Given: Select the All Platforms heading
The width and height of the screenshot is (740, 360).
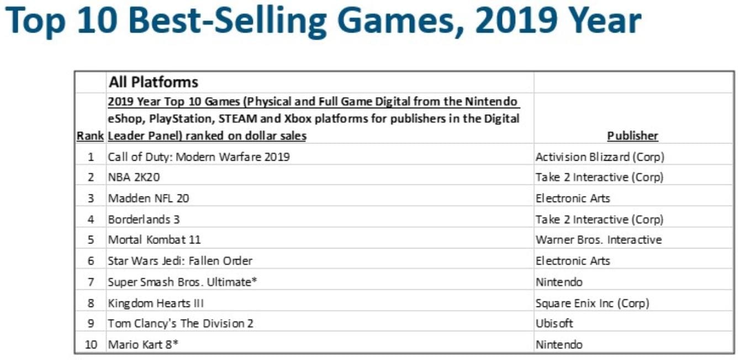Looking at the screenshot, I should click(153, 82).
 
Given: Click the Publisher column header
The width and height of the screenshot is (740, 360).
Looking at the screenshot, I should click(633, 136).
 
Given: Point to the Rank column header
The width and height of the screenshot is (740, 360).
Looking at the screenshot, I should click(90, 136).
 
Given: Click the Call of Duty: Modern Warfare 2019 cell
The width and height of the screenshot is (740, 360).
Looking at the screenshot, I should click(199, 157).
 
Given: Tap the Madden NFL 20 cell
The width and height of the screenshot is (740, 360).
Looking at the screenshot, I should click(148, 198).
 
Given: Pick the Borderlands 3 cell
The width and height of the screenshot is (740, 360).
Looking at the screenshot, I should click(144, 219).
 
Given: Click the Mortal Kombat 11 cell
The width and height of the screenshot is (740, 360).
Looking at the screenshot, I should click(154, 240).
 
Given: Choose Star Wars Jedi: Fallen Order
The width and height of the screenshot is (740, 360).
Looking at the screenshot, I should click(180, 261).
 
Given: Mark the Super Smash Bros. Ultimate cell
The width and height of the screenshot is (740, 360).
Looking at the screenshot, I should click(183, 282).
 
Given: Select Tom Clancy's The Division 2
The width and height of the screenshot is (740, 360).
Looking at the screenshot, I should click(181, 324).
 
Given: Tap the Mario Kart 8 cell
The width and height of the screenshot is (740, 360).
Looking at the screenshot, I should click(143, 345).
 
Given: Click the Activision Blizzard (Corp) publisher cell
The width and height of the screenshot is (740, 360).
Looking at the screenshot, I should click(600, 157).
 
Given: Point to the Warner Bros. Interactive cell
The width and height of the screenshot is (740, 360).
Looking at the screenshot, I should click(599, 240).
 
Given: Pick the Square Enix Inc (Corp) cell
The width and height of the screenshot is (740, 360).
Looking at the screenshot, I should click(592, 303).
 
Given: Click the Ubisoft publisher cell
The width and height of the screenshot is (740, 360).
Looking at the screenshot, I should click(554, 324).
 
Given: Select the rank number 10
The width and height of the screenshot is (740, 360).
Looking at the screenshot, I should click(91, 345).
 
